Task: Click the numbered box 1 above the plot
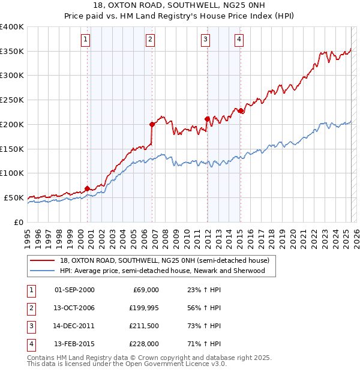coord(86,40)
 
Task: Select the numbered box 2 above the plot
coord(150,40)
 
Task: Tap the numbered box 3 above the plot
coord(205,40)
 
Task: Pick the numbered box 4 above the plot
coord(239,40)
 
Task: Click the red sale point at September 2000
coord(87,188)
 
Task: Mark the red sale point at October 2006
coord(152,124)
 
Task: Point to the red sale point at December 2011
coord(207,119)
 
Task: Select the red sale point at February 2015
coord(240,110)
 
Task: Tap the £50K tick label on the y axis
coord(14,197)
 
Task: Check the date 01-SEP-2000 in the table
coord(74,290)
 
